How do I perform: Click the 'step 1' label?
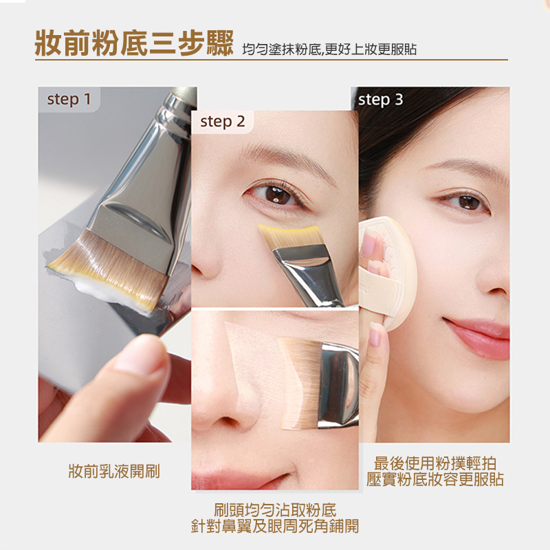(x=69, y=100)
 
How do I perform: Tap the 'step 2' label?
(x=223, y=122)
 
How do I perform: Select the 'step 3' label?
(x=380, y=100)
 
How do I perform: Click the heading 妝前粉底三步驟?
(x=135, y=43)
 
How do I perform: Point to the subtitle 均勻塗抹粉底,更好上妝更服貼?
(x=329, y=49)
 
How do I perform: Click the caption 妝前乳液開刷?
(x=114, y=472)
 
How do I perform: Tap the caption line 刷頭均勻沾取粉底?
(x=275, y=510)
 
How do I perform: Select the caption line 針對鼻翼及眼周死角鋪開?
(x=275, y=527)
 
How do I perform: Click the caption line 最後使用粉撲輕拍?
(x=434, y=463)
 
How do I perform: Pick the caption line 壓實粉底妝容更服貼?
(x=434, y=479)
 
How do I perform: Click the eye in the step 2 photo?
(x=278, y=194)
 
